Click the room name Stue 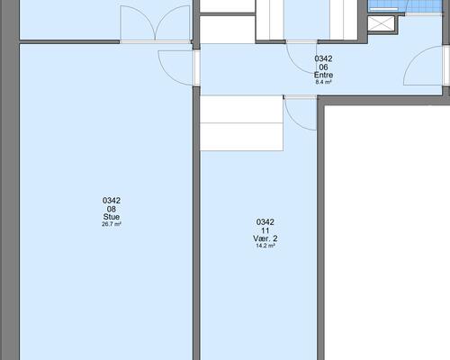coord(112,217)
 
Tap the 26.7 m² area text coord(112,224)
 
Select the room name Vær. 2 coord(265,238)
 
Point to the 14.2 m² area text coord(265,246)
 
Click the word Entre coord(323,75)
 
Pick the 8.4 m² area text coord(323,82)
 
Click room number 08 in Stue coord(112,209)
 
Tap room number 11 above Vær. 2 coord(265,230)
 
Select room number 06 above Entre coord(323,67)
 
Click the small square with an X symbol coord(381,23)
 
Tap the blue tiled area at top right coord(405,6)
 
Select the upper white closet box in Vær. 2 coord(241,109)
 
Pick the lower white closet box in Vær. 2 coord(241,137)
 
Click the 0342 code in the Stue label coord(112,201)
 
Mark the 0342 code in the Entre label coord(323,58)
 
